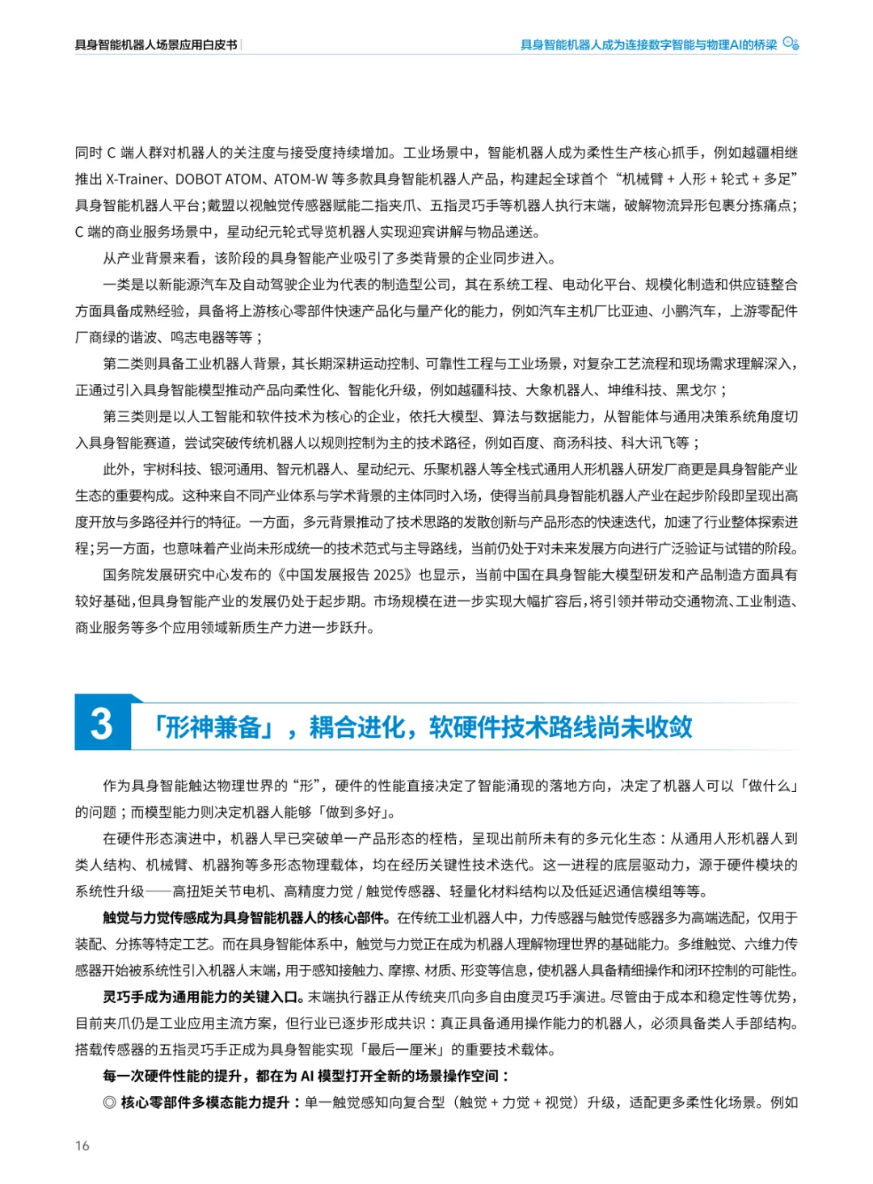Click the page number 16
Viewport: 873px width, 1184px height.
click(x=82, y=1145)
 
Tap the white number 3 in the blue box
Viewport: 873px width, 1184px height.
click(x=102, y=723)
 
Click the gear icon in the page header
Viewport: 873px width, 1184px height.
click(x=791, y=44)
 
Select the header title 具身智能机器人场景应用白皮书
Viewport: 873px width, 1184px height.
click(x=156, y=45)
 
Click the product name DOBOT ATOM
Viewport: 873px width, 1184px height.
click(x=218, y=179)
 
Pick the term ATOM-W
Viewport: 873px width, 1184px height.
click(x=301, y=179)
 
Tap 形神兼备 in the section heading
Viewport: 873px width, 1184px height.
click(x=213, y=727)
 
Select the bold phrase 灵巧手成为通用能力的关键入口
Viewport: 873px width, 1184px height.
click(x=203, y=997)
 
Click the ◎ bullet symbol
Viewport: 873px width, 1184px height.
click(x=109, y=1102)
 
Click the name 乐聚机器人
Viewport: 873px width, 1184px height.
click(x=457, y=470)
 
